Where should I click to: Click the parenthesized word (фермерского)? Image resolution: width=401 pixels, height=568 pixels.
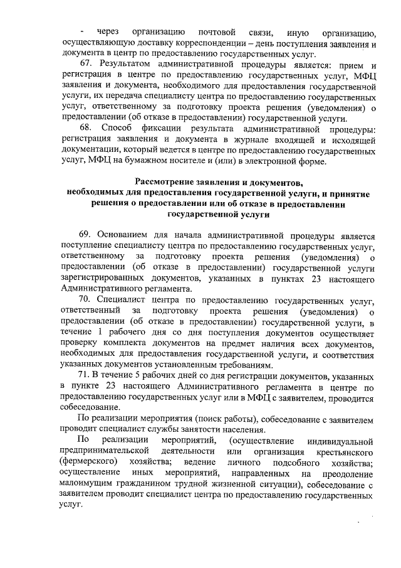click(x=86, y=463)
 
